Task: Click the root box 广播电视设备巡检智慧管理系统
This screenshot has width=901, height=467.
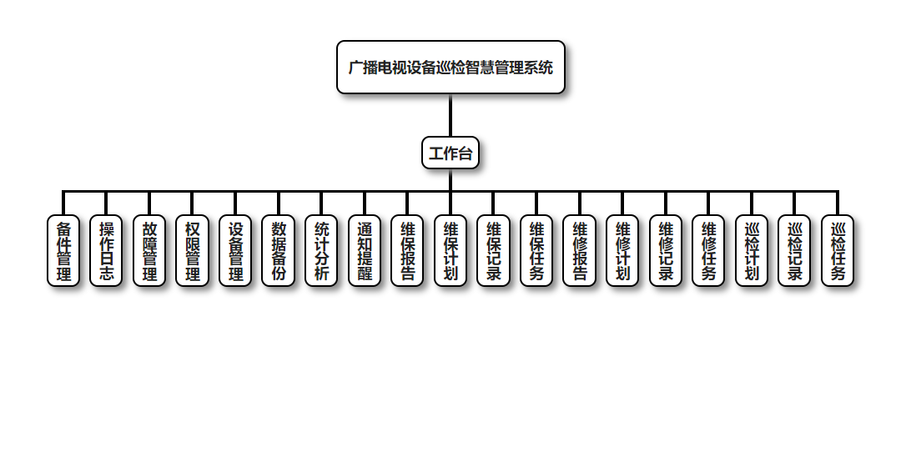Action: [450, 68]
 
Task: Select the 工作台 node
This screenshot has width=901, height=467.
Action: [450, 153]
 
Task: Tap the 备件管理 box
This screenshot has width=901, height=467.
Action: [63, 251]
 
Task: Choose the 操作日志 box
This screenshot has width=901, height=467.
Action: [107, 251]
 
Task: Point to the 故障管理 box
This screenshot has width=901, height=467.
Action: [149, 251]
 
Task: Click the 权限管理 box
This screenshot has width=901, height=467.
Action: [193, 251]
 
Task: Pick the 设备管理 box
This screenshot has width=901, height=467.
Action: [236, 251]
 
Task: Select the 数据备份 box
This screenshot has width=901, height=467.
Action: [279, 251]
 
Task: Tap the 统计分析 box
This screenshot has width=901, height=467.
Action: [322, 251]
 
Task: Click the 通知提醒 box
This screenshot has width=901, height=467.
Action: [365, 251]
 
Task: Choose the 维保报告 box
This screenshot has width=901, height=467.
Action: [408, 251]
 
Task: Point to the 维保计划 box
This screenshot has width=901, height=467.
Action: [450, 251]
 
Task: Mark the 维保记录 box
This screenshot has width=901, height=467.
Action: [494, 251]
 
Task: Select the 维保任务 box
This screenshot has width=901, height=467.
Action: [536, 251]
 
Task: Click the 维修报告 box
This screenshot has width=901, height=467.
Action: [580, 251]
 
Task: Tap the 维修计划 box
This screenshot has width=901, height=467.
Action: [622, 251]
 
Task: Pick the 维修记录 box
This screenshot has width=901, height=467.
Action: [666, 251]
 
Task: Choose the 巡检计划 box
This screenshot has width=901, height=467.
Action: [752, 251]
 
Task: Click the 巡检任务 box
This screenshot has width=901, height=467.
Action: [838, 251]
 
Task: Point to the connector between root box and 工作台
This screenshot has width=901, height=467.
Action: [450, 116]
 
